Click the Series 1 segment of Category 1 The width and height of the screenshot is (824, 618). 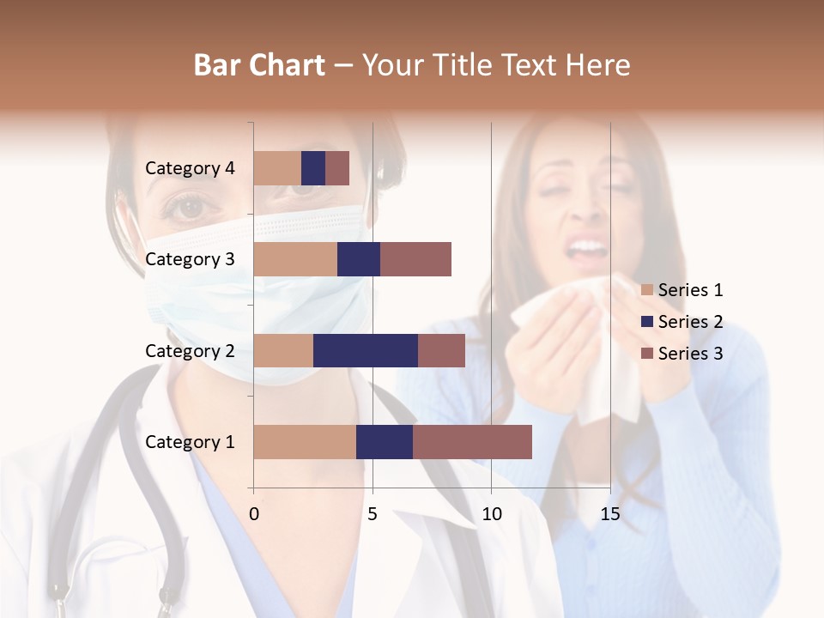pyautogui.click(x=305, y=441)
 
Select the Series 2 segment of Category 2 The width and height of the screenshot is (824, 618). pyautogui.click(x=366, y=350)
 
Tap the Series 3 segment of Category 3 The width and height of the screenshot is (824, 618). pyautogui.click(x=415, y=259)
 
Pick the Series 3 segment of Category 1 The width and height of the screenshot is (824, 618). pyautogui.click(x=472, y=441)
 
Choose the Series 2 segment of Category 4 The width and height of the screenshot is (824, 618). pyautogui.click(x=313, y=168)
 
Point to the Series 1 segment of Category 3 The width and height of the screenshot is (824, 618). pyautogui.click(x=295, y=259)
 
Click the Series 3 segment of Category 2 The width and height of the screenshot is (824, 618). pyautogui.click(x=441, y=350)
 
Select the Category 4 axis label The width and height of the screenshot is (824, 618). pyautogui.click(x=190, y=168)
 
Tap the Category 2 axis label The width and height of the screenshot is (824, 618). pyautogui.click(x=190, y=350)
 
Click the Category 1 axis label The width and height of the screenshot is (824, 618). pyautogui.click(x=190, y=442)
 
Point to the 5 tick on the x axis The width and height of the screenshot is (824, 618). pyautogui.click(x=373, y=514)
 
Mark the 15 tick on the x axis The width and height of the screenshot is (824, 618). pyautogui.click(x=609, y=514)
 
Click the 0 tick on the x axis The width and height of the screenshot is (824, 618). pyautogui.click(x=254, y=514)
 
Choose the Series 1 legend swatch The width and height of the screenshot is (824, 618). pyautogui.click(x=647, y=290)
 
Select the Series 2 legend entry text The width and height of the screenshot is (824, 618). pyautogui.click(x=690, y=322)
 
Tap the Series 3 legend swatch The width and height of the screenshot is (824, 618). pyautogui.click(x=647, y=354)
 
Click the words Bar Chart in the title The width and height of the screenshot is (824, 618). pyautogui.click(x=259, y=65)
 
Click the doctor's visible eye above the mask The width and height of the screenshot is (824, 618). pyautogui.click(x=191, y=206)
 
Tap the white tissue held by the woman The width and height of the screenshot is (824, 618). pyautogui.click(x=584, y=343)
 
